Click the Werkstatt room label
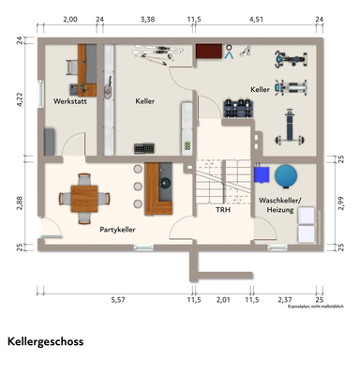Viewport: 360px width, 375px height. click(70, 100)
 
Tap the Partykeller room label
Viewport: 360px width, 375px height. click(118, 228)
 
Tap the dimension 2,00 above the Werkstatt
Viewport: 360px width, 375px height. click(69, 18)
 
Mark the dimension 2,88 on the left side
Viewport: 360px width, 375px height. click(20, 201)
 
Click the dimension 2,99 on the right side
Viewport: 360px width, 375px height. click(341, 200)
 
